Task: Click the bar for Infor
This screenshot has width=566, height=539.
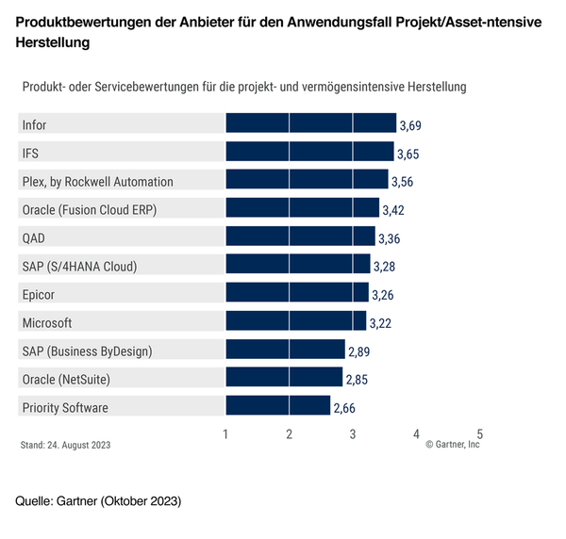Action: [310, 124]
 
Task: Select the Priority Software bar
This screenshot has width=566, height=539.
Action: [277, 407]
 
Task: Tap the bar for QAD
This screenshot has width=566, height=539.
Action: [300, 237]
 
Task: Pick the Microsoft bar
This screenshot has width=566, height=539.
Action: [295, 322]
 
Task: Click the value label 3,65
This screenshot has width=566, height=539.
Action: [408, 154]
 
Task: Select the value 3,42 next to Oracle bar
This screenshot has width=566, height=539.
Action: [392, 210]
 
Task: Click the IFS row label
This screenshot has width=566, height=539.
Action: [30, 153]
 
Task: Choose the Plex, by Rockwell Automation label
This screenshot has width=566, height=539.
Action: [97, 181]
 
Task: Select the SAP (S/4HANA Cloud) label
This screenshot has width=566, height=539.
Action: [79, 266]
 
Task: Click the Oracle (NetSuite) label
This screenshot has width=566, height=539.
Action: [66, 379]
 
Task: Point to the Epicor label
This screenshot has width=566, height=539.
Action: [39, 294]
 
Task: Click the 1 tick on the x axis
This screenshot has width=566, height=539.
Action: [226, 433]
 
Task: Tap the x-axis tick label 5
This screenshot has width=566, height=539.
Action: [479, 433]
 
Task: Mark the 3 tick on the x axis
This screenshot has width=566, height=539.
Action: [353, 433]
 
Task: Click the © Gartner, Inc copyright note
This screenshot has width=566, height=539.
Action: [453, 445]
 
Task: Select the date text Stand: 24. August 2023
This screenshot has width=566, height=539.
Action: [65, 445]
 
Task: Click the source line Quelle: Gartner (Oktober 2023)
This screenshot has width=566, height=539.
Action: [98, 499]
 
